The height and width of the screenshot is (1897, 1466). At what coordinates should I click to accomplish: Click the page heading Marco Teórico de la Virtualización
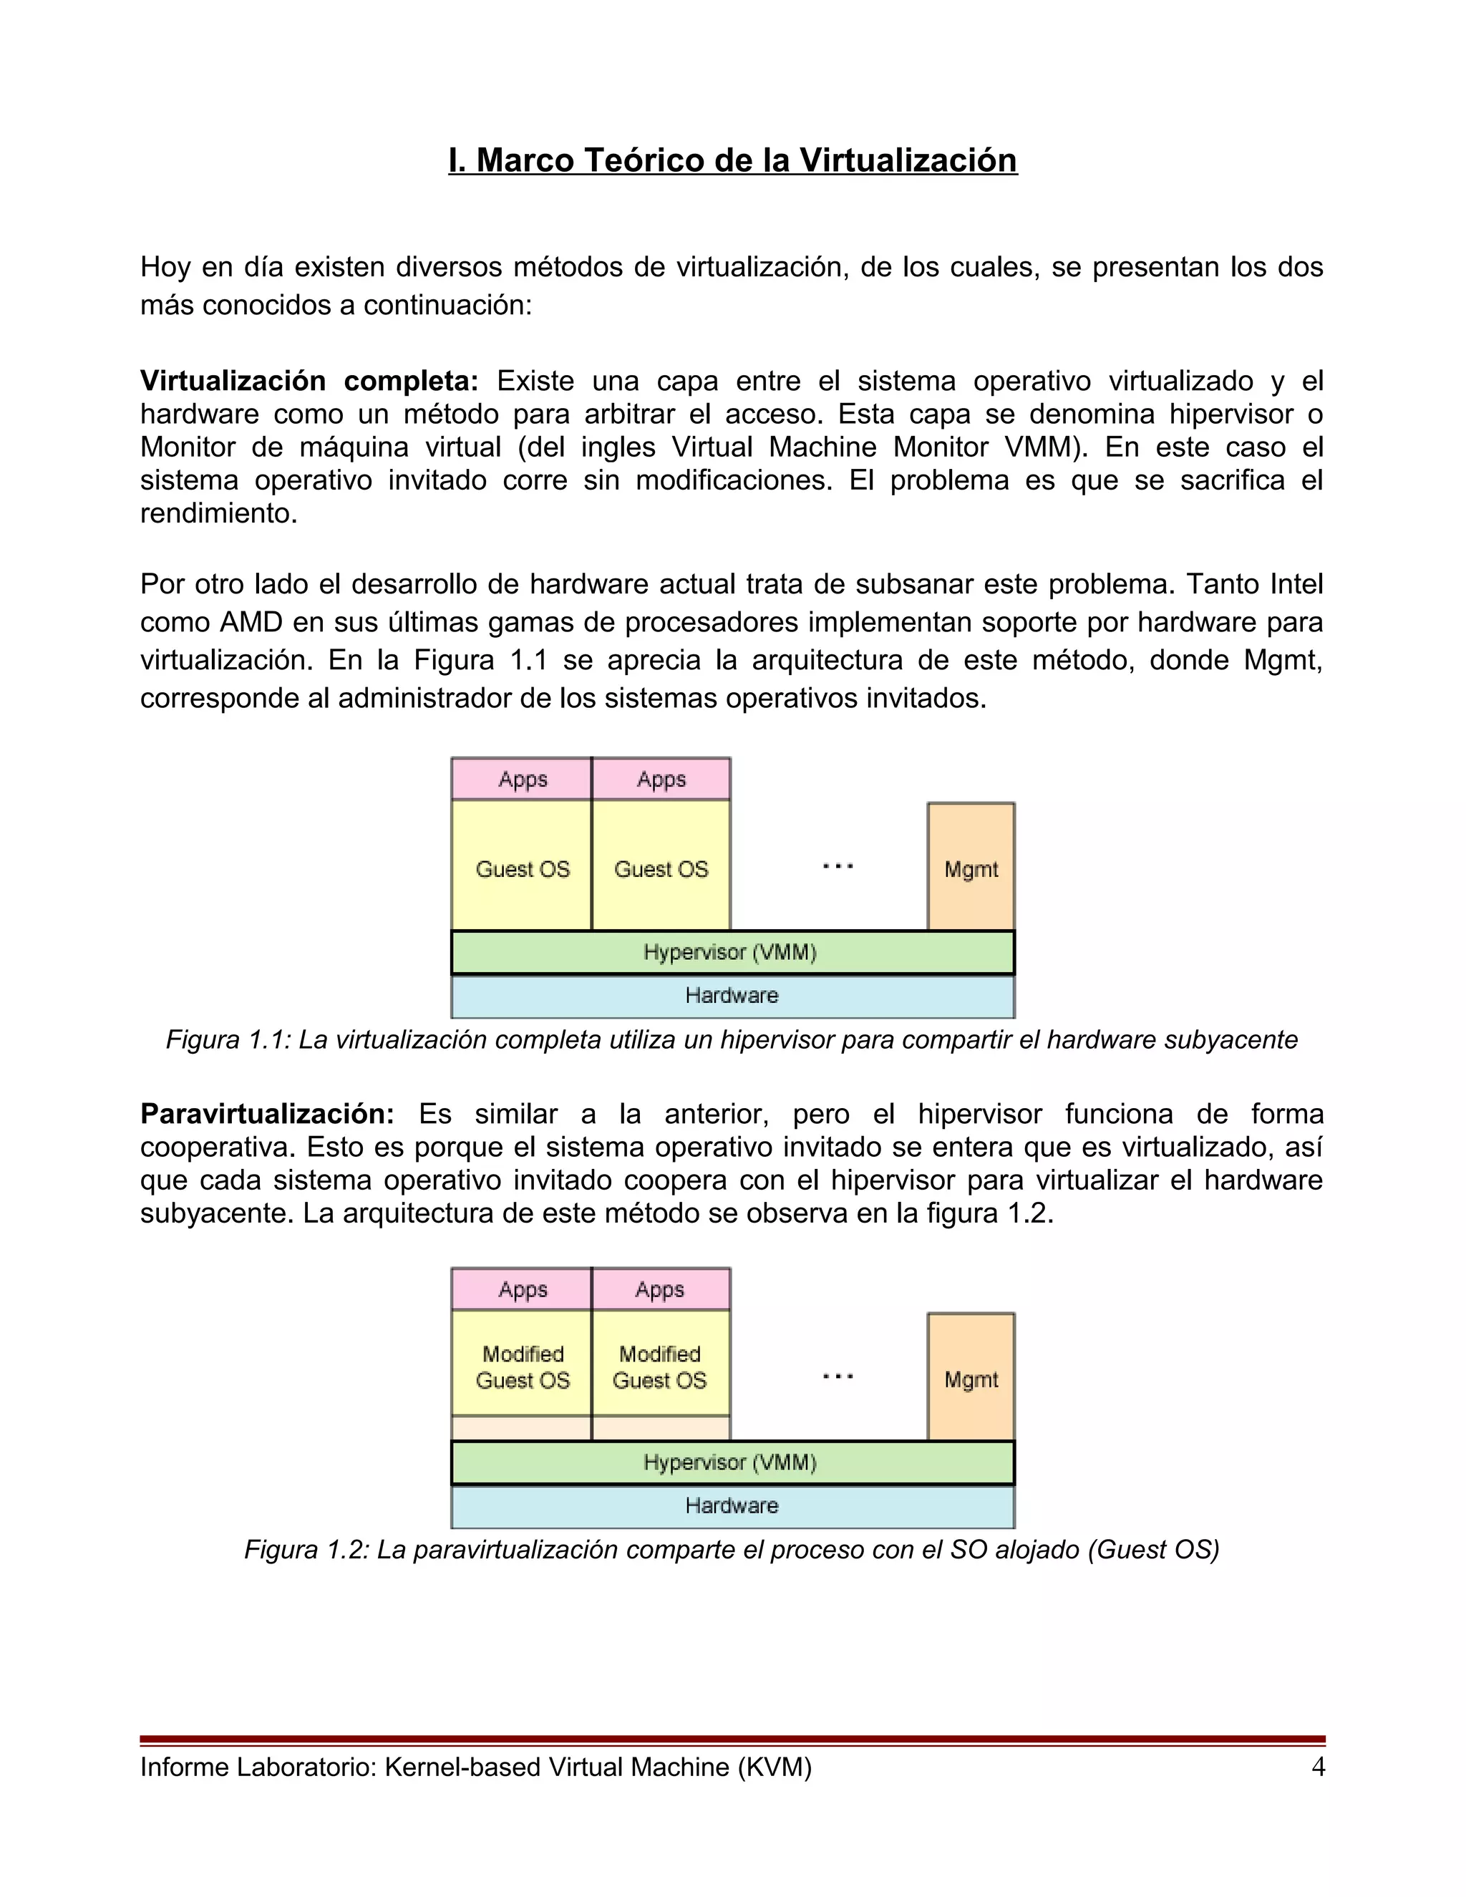[x=732, y=160]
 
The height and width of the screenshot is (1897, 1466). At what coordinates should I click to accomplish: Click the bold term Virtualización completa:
[x=309, y=380]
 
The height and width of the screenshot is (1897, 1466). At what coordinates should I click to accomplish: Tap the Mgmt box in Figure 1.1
[x=971, y=868]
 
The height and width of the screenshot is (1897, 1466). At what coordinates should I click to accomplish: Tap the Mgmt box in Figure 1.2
[x=971, y=1379]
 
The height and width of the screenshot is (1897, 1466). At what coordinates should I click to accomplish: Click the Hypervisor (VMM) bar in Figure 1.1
[x=732, y=952]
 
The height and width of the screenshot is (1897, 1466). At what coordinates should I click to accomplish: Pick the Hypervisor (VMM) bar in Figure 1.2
[x=732, y=1462]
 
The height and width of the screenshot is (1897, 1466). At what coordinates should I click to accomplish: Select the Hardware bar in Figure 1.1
[x=732, y=996]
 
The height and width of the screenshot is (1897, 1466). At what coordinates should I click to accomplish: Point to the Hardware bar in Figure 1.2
[x=732, y=1505]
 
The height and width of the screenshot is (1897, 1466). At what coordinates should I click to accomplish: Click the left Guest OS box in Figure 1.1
[x=522, y=868]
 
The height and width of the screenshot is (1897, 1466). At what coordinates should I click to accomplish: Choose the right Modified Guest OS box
[x=660, y=1367]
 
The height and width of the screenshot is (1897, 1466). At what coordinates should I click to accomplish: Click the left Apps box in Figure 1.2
[x=522, y=1289]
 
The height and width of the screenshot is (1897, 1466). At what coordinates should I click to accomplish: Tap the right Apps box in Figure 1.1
[x=661, y=779]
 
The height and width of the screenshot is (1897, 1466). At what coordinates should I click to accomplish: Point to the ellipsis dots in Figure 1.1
[x=838, y=866]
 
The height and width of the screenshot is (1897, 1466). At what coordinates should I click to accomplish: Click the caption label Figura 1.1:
[x=228, y=1039]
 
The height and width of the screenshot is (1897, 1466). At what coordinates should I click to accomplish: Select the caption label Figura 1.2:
[x=306, y=1550]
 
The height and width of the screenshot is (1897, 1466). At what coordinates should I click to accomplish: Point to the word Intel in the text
[x=1296, y=583]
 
